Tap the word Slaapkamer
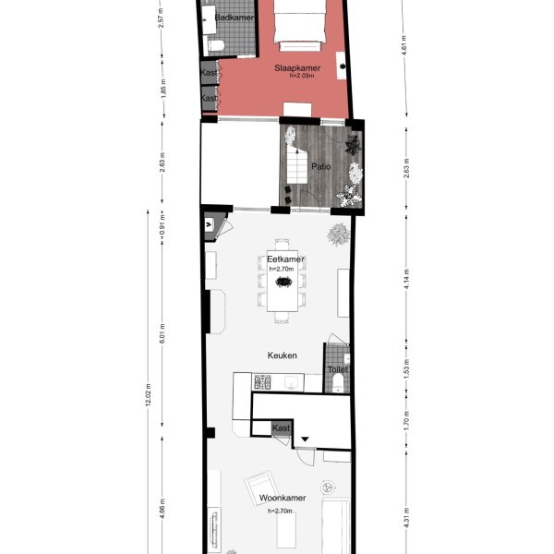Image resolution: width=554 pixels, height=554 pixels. pos(295,68)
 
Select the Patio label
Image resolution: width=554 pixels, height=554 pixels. pos(320,169)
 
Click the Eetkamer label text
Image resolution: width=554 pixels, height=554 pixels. pos(285,259)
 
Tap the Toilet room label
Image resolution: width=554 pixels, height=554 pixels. pos(337,369)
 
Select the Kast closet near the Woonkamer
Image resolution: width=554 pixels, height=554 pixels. pos(282,428)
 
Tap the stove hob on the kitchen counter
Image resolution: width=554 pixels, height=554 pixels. pos(262,381)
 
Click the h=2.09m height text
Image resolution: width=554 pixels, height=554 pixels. pos(295,78)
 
